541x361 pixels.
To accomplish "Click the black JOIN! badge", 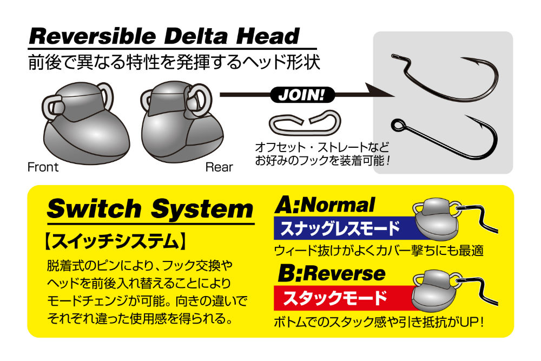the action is pos(302,95).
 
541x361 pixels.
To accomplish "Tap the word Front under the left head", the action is pos(43,167).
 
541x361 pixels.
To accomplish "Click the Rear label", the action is pos(219,167).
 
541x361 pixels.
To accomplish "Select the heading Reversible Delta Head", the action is pos(164,36).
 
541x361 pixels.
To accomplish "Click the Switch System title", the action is pos(150,209).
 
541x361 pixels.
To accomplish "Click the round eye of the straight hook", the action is pos(398,124).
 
